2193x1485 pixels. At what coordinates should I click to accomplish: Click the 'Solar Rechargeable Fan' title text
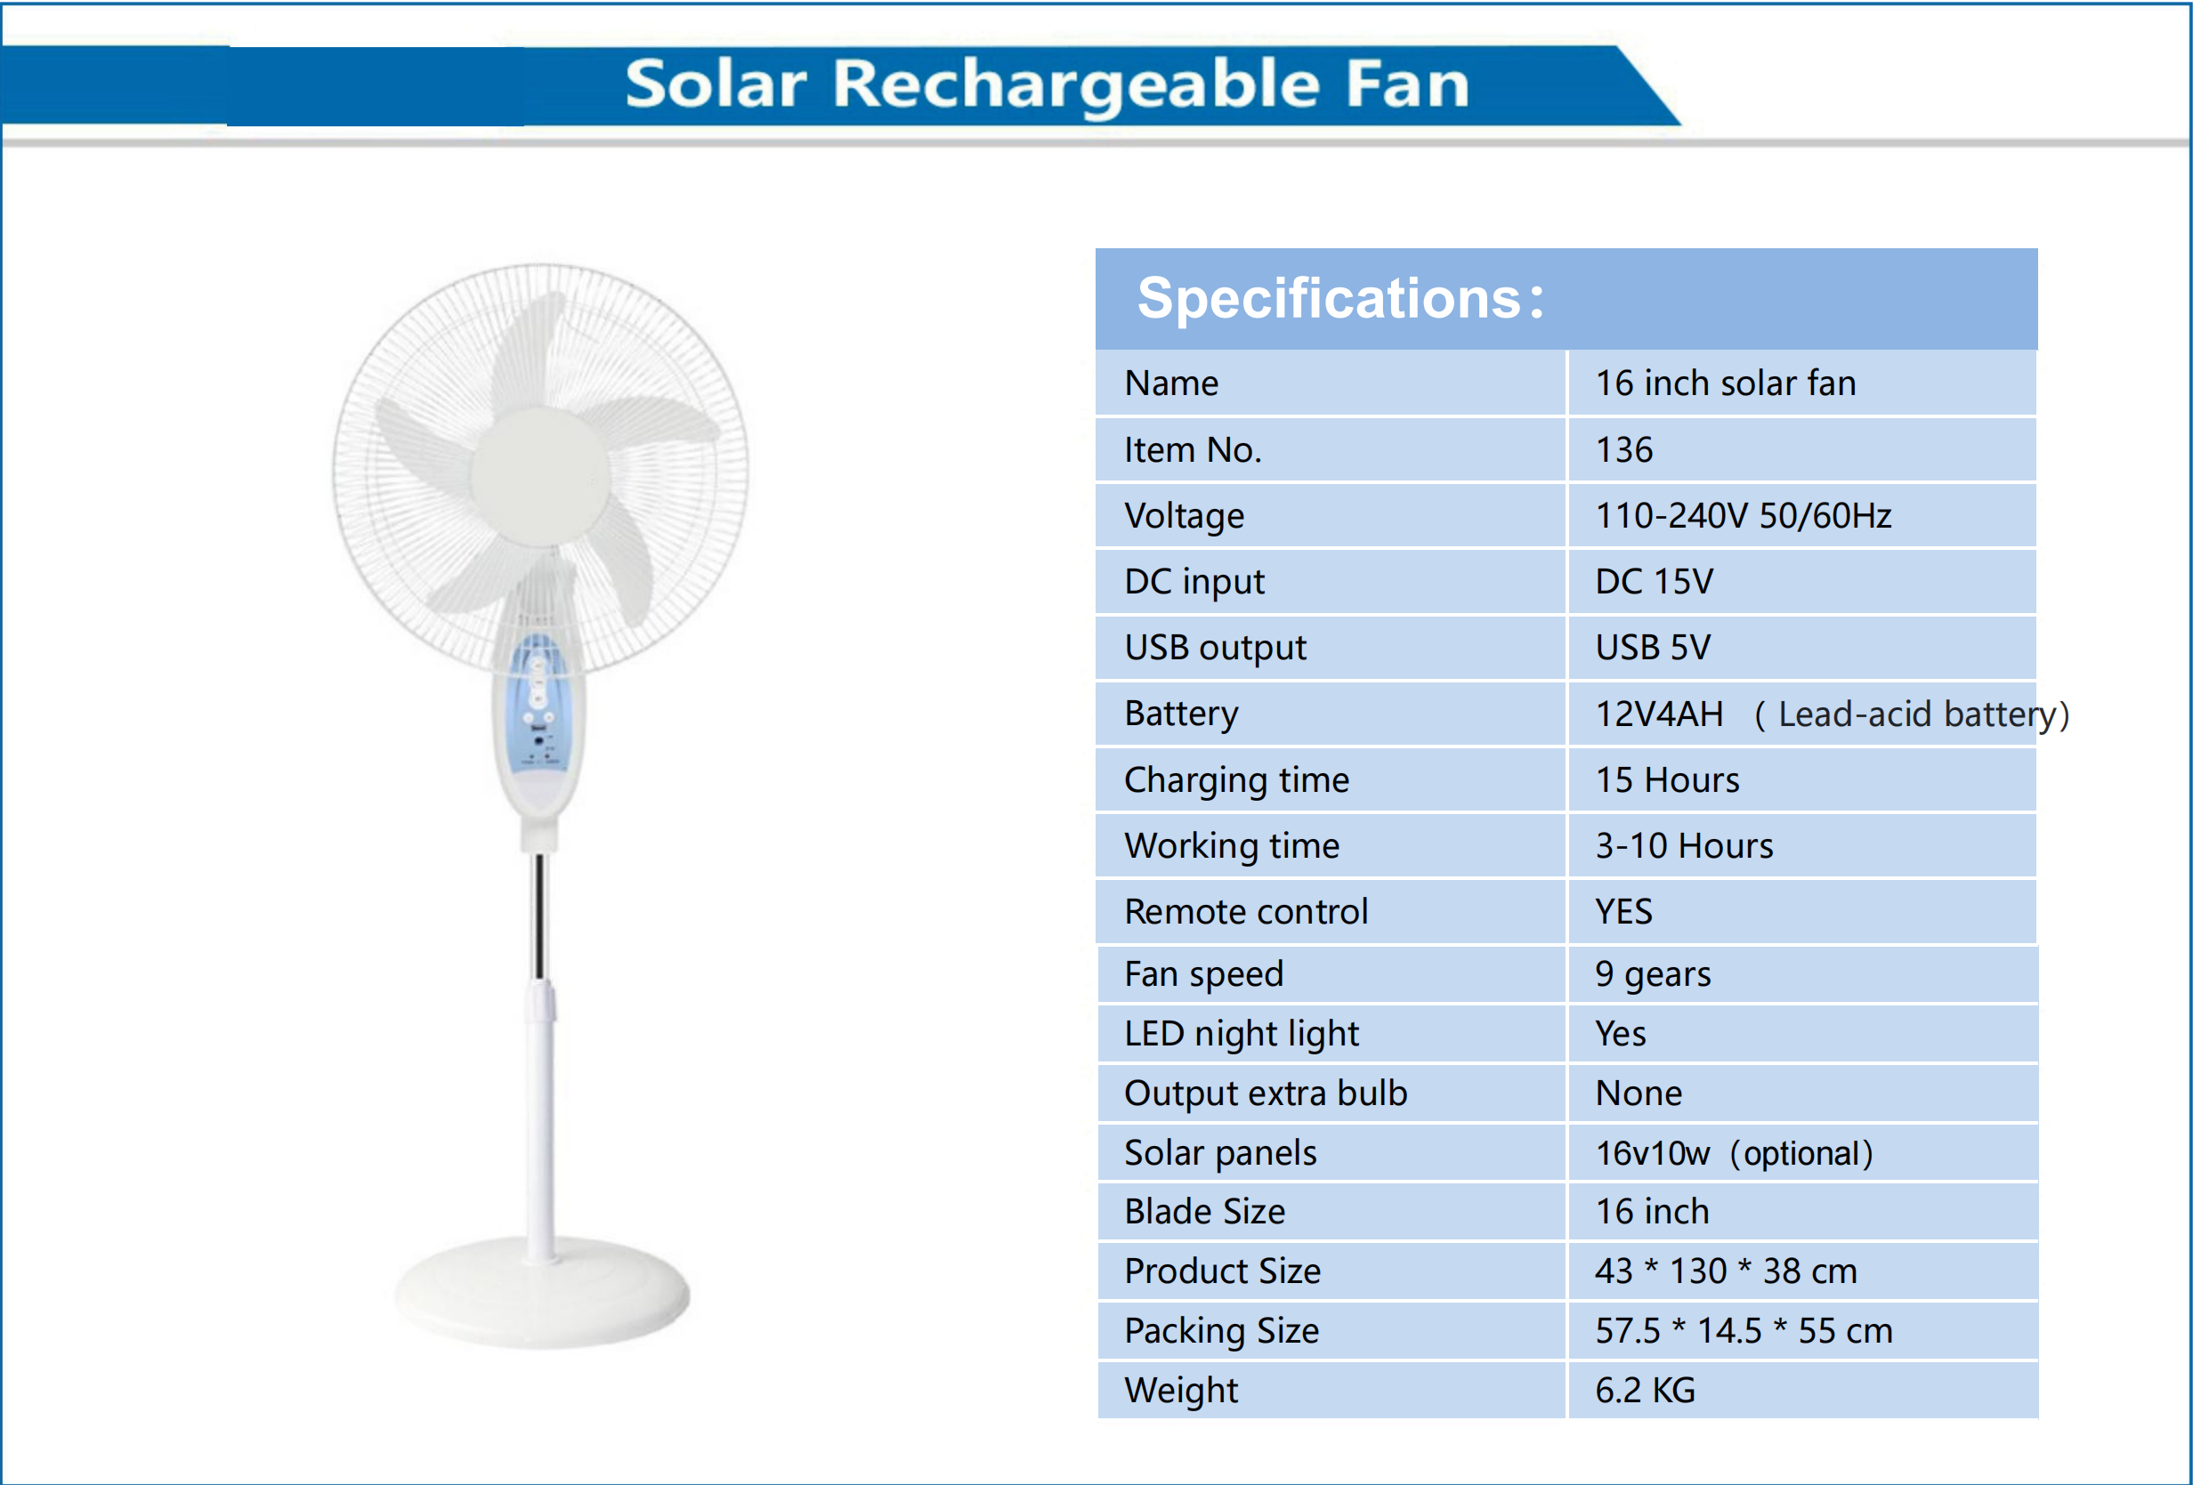pyautogui.click(x=1047, y=85)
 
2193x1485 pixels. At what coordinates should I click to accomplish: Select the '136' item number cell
pyautogui.click(x=1623, y=450)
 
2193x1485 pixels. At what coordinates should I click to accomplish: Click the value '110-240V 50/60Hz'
pyautogui.click(x=1743, y=516)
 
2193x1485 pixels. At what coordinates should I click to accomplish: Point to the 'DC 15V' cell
pyautogui.click(x=1654, y=582)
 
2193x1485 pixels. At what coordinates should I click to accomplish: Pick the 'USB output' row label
pyautogui.click(x=1215, y=648)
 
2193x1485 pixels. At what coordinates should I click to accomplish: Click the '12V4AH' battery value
pyautogui.click(x=1659, y=714)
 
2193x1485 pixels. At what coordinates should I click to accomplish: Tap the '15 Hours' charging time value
pyautogui.click(x=1666, y=780)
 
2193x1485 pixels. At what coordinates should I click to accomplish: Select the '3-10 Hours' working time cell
pyautogui.click(x=1683, y=846)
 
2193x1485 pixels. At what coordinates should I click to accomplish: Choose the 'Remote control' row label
pyautogui.click(x=1246, y=912)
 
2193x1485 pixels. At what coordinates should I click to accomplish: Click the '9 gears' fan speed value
pyautogui.click(x=1652, y=974)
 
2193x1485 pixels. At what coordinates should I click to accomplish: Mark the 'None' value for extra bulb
pyautogui.click(x=1639, y=1094)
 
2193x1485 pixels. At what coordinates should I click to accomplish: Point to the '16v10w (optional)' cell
pyautogui.click(x=1734, y=1154)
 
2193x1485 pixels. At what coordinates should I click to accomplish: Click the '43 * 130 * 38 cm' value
pyautogui.click(x=1725, y=1271)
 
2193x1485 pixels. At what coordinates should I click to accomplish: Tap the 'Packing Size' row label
pyautogui.click(x=1221, y=1331)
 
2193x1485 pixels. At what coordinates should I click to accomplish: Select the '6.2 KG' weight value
pyautogui.click(x=1645, y=1391)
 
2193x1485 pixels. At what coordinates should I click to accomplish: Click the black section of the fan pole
pyautogui.click(x=538, y=916)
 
